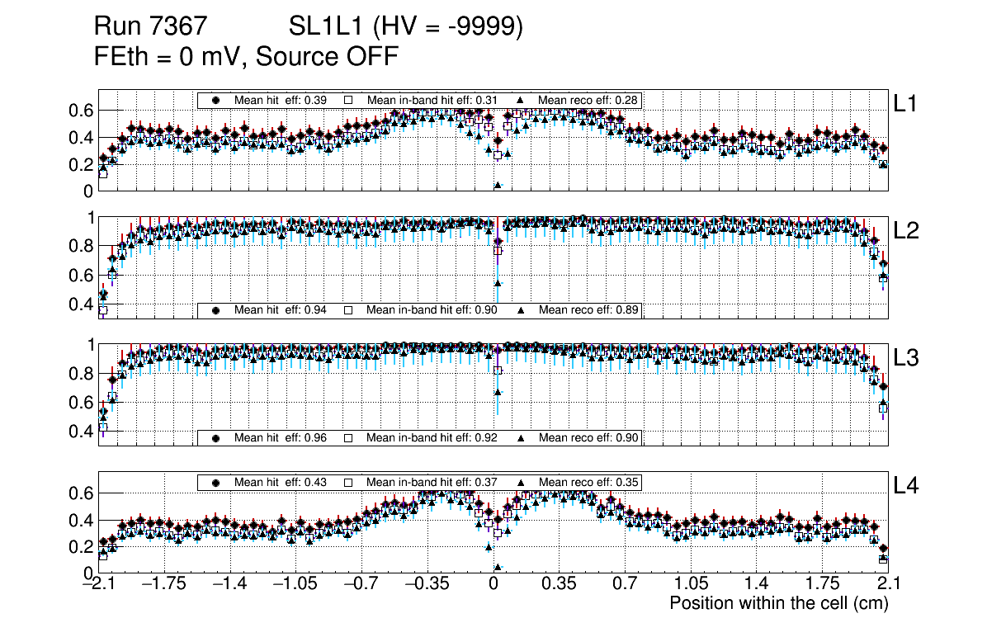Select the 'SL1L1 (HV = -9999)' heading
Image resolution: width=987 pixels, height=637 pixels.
tap(406, 27)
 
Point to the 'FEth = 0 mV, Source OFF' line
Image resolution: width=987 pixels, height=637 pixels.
tap(247, 56)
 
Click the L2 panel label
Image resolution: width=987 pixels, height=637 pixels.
tap(906, 230)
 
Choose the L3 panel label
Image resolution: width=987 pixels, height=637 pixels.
tap(906, 358)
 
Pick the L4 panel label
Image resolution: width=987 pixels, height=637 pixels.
tap(906, 486)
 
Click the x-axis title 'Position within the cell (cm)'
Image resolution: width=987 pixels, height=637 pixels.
tap(778, 603)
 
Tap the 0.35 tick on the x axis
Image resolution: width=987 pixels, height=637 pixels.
tap(559, 583)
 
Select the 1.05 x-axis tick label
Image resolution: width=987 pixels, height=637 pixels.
tap(690, 583)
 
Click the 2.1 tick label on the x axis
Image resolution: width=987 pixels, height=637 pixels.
tap(885, 583)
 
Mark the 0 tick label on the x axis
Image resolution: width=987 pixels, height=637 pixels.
tap(493, 583)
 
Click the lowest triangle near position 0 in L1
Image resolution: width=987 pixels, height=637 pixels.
tap(498, 186)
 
